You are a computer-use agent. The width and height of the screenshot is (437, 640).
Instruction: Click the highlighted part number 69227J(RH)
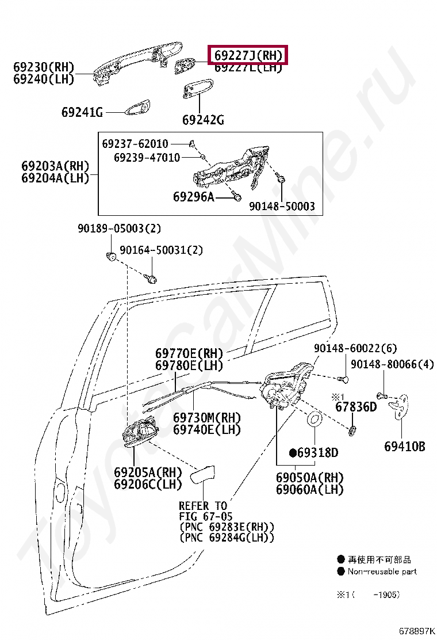tap(248, 56)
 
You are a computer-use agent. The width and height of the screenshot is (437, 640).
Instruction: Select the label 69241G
tap(82, 113)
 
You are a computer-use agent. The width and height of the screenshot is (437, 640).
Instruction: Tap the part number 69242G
tap(203, 120)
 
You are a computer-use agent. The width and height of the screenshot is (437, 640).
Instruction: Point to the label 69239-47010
tap(147, 157)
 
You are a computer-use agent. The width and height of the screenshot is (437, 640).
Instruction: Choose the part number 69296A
tap(193, 197)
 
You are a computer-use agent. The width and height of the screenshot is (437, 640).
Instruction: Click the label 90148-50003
tap(282, 206)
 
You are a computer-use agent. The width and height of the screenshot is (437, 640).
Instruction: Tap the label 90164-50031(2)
tap(161, 250)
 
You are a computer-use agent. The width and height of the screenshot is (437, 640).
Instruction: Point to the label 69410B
tap(405, 446)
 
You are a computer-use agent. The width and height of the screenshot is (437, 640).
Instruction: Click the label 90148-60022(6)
tap(355, 348)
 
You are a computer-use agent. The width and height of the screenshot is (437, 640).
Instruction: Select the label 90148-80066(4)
tap(392, 364)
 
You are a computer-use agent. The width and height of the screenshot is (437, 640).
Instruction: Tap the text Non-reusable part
tap(382, 572)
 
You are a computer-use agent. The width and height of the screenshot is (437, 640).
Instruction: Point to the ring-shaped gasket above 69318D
tap(315, 420)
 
